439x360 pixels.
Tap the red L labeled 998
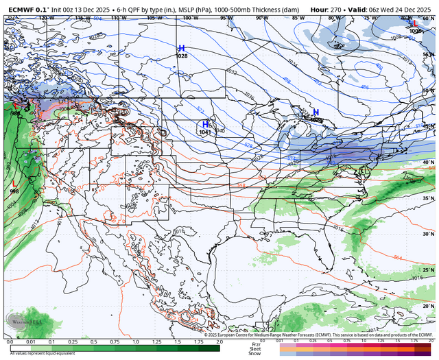click(x=14, y=184)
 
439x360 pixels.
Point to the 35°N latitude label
click(x=429, y=198)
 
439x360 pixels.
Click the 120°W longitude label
click(x=46, y=17)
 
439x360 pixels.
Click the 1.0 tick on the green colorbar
click(x=136, y=341)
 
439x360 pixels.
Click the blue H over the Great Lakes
click(x=316, y=112)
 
